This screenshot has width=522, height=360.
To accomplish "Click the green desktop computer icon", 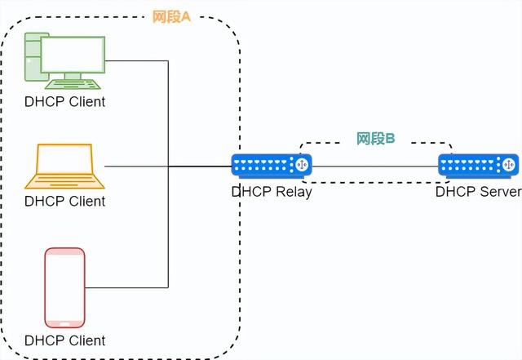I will [x=64, y=61].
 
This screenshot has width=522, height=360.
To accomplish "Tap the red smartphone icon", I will [x=64, y=287].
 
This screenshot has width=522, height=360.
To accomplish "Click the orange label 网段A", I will [x=170, y=17].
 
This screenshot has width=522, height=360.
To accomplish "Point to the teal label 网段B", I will [x=376, y=139].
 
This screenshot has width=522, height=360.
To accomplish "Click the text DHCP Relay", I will [x=271, y=193].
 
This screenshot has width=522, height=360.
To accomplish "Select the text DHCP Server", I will [x=478, y=193].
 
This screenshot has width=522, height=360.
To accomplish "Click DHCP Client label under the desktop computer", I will [x=64, y=102].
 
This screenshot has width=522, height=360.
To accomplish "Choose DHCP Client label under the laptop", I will [x=64, y=201].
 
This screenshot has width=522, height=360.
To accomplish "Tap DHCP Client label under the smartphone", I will [x=64, y=340].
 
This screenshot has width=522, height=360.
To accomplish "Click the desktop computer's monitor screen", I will [x=73, y=55].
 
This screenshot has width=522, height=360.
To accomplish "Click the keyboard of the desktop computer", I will [x=73, y=83].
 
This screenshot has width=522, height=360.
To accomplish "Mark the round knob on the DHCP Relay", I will [x=302, y=166].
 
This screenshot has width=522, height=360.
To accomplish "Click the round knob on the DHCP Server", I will [x=509, y=166].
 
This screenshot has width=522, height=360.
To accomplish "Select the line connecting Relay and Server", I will [x=375, y=167].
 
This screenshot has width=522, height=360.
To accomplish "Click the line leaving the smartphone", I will [x=126, y=287].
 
